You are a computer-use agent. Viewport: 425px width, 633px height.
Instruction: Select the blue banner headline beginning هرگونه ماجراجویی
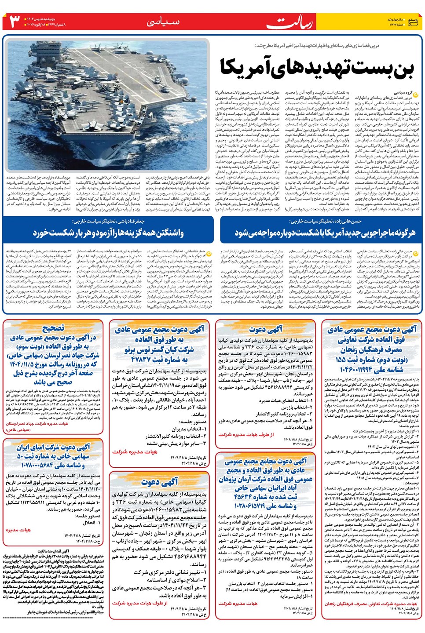[x=324, y=232]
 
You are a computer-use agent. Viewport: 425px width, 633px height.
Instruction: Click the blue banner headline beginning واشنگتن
[x=108, y=232]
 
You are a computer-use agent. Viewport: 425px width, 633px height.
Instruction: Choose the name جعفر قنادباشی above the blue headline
[x=127, y=221]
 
